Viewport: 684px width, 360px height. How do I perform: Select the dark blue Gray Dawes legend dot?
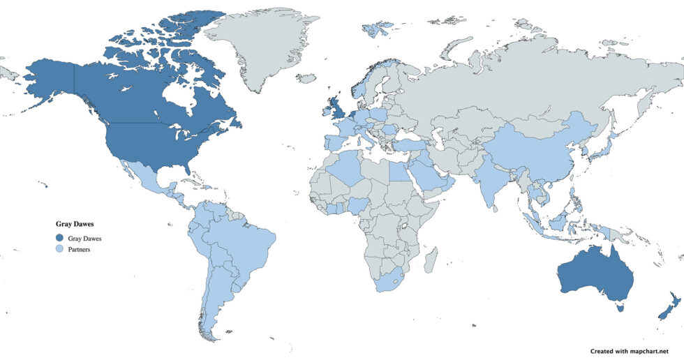(59, 238)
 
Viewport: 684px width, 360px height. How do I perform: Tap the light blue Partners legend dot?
(59, 249)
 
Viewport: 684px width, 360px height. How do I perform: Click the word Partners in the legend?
(80, 249)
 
